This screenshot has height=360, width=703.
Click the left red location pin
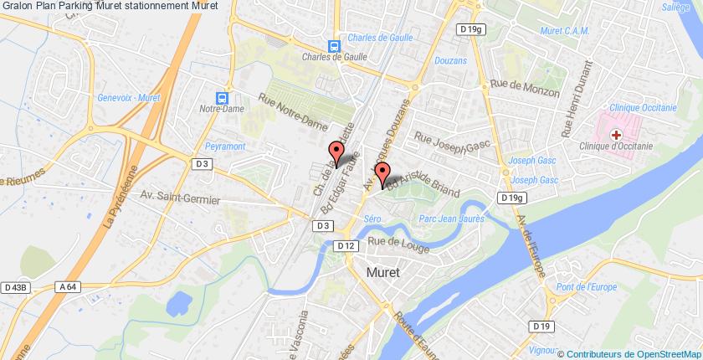[336, 153]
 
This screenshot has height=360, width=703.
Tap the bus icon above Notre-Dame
[222, 97]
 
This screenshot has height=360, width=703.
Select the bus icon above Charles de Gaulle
[334, 47]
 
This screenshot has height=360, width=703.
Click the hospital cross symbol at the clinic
[616, 134]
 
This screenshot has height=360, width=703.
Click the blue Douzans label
[452, 60]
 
